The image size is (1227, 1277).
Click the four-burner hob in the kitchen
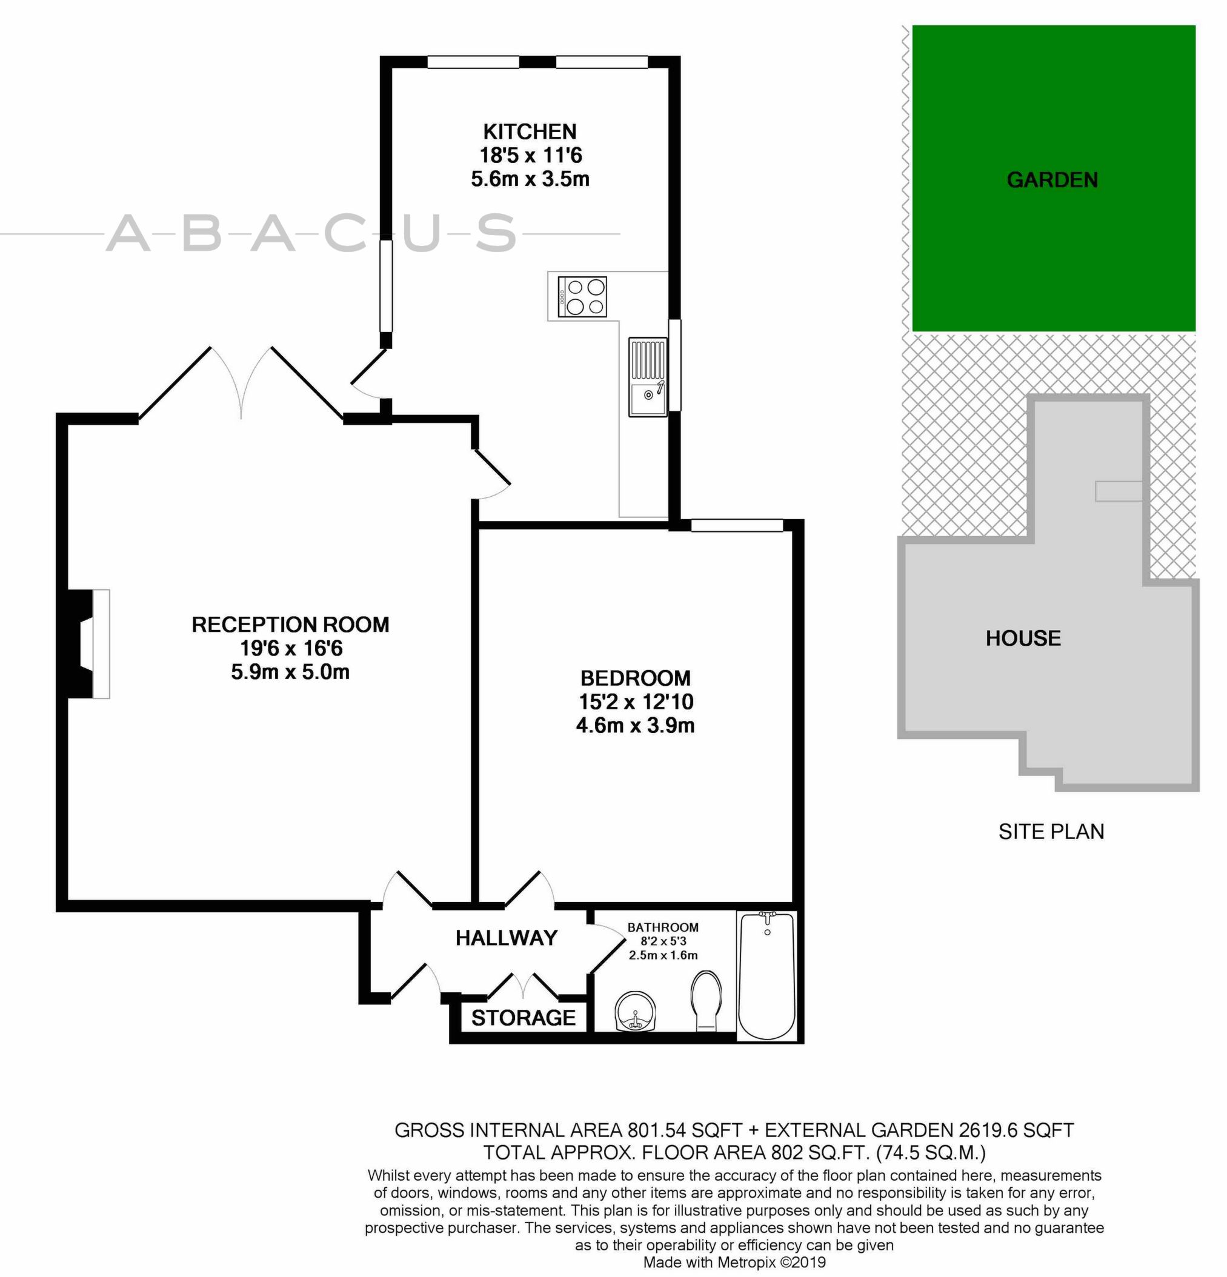[582, 296]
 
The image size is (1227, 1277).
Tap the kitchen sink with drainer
[648, 377]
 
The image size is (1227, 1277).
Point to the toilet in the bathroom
[706, 1000]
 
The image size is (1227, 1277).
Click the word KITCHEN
[530, 131]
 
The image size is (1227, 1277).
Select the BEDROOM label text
[636, 678]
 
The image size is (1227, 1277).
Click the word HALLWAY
[507, 938]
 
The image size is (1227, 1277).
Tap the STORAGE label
[524, 1017]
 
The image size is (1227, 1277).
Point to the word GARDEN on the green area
[1052, 180]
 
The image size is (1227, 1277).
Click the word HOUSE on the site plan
[1023, 638]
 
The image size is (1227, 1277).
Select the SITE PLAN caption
[1051, 831]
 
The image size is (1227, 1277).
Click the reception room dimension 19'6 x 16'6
[291, 648]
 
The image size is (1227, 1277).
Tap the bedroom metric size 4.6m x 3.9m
[636, 725]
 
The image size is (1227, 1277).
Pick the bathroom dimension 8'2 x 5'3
[663, 941]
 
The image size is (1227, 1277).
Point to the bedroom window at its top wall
[736, 525]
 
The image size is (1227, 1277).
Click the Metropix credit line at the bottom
[734, 1262]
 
